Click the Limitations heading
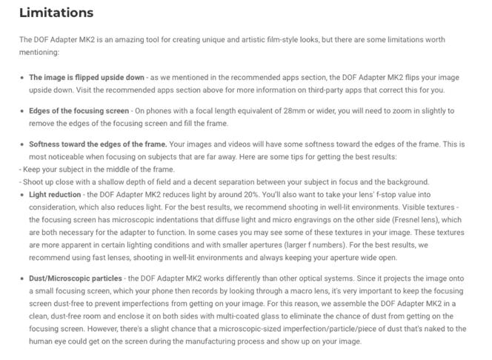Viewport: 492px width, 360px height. point(56,13)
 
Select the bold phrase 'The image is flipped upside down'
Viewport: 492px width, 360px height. point(87,77)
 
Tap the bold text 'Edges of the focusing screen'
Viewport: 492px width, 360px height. point(79,111)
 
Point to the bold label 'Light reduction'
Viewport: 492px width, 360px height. point(55,195)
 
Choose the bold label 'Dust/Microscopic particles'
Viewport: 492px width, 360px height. point(76,279)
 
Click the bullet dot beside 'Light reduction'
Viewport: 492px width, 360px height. point(21,195)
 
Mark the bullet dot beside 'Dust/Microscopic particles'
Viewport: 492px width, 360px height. point(21,279)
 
